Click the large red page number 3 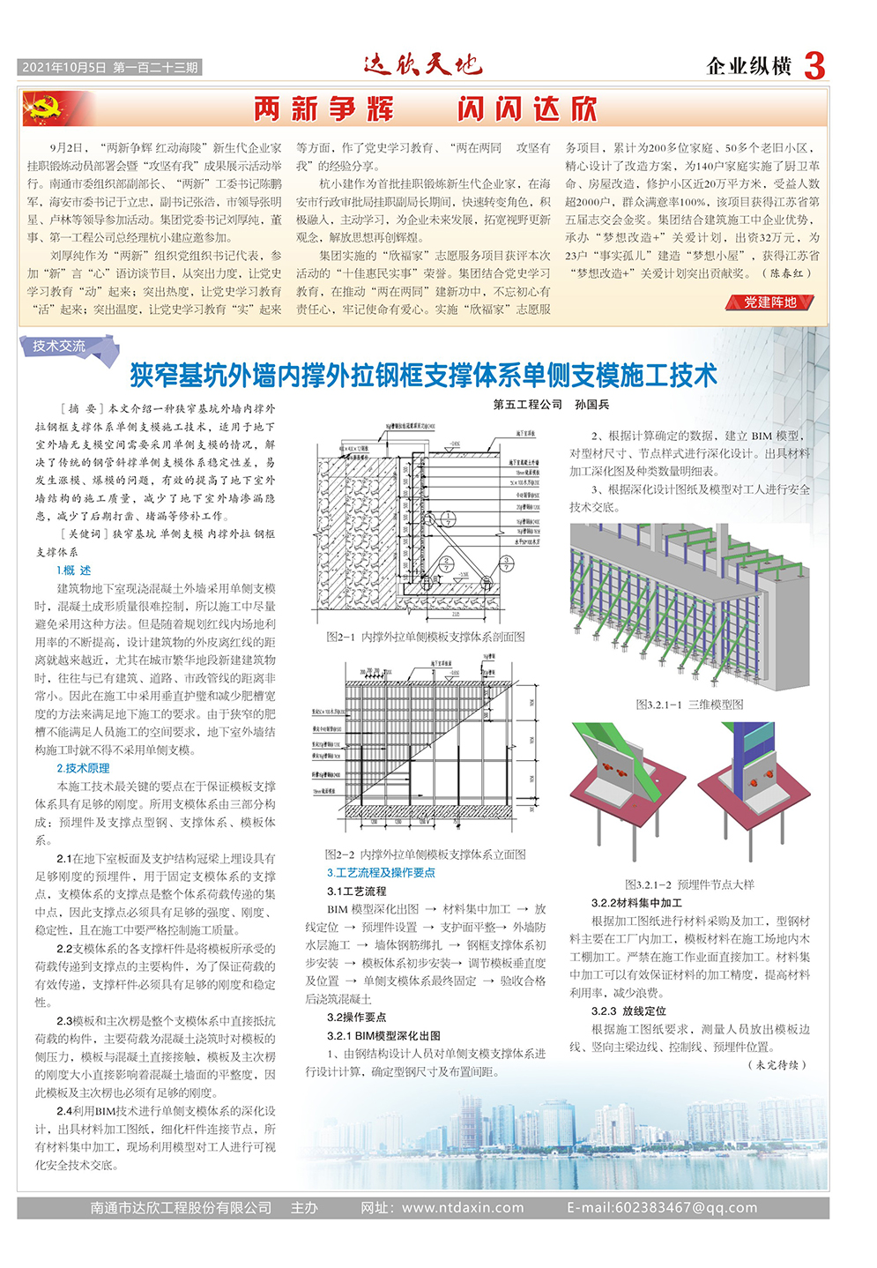pyautogui.click(x=814, y=66)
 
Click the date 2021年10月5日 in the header pyautogui.click(x=64, y=68)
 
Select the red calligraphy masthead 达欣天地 pyautogui.click(x=422, y=64)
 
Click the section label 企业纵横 pyautogui.click(x=749, y=66)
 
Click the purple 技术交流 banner pyautogui.click(x=60, y=347)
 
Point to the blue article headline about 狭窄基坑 pyautogui.click(x=423, y=376)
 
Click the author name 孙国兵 pyautogui.click(x=591, y=405)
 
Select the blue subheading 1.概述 pyautogui.click(x=74, y=571)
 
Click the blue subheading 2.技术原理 pyautogui.click(x=84, y=768)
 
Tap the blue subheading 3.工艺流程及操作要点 pyautogui.click(x=381, y=872)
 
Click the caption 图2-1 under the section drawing pyautogui.click(x=426, y=637)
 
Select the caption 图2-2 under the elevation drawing pyautogui.click(x=426, y=854)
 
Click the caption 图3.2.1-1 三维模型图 pyautogui.click(x=689, y=705)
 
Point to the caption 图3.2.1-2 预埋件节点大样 pyautogui.click(x=689, y=884)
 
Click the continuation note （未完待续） pyautogui.click(x=778, y=1064)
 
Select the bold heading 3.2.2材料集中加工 pyautogui.click(x=636, y=903)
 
